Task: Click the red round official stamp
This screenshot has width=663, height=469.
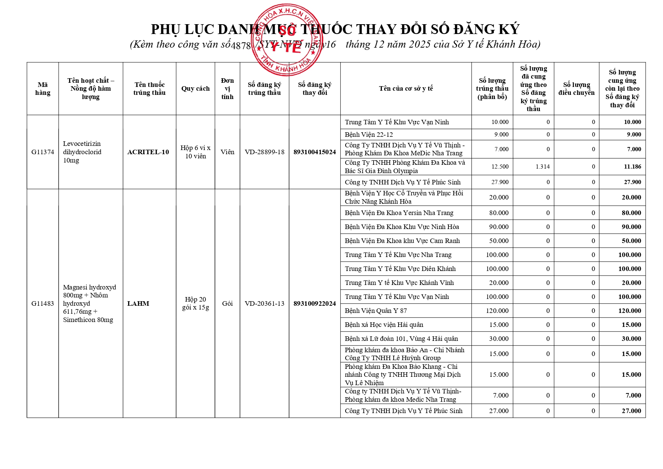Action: [x=287, y=40]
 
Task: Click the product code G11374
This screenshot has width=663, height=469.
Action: [x=43, y=152]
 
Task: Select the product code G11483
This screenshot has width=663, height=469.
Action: [x=43, y=303]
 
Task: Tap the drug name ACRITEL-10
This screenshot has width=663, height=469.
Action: [x=148, y=152]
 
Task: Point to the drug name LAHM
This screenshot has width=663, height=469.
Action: [x=138, y=303]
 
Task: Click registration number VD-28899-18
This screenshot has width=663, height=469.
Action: [x=264, y=152]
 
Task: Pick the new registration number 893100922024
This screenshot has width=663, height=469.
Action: [x=315, y=303]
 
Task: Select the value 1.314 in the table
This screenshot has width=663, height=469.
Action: [x=542, y=167]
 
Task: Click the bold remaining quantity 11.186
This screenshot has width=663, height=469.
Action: [x=632, y=167]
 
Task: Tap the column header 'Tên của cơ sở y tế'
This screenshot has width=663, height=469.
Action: [x=406, y=88]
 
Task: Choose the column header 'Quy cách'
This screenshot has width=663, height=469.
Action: [x=195, y=88]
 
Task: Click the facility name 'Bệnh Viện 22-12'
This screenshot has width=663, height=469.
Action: [x=369, y=135]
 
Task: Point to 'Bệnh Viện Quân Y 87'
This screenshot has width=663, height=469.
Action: [x=376, y=311]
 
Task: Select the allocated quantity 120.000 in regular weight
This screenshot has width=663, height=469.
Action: [x=497, y=311]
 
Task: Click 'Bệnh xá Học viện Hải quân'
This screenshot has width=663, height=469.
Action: [x=384, y=325]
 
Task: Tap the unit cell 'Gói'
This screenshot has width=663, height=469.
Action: [x=227, y=303]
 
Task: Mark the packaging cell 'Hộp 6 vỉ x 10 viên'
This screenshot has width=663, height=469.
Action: [x=195, y=152]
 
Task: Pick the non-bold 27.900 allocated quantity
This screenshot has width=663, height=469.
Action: [x=500, y=182]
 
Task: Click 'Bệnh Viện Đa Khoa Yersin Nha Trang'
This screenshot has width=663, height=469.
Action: [x=399, y=213]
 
